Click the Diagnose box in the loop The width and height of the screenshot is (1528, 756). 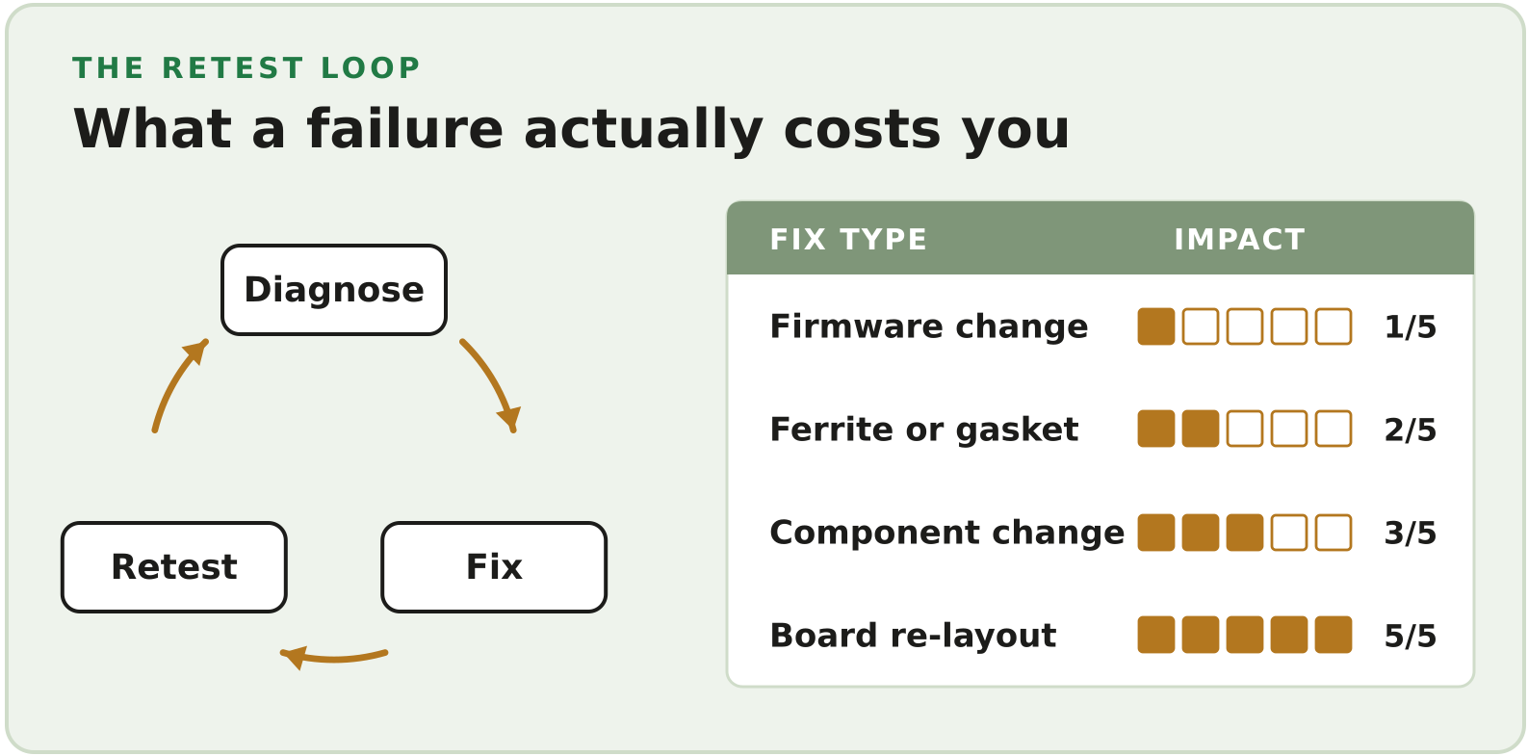pos(334,290)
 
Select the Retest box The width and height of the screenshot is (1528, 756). pos(174,567)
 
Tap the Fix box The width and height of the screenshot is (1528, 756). pos(494,567)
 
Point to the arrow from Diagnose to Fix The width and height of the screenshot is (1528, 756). pos(493,382)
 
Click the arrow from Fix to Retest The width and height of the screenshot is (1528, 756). pos(333,658)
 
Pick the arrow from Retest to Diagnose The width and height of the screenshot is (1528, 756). pos(174,382)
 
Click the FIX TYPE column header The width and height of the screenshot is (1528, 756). pos(848,240)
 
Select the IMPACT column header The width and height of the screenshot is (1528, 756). pos(1239,240)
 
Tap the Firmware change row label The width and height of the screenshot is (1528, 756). pos(928,326)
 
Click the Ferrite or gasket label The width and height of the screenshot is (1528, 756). pos(923,430)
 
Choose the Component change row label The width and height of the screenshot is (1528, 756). pos(946,533)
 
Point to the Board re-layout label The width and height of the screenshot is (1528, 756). pos(913,636)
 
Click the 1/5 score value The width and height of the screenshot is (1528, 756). pos(1410,326)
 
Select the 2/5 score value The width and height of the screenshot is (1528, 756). pos(1410,430)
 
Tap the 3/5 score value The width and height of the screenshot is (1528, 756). pos(1410,533)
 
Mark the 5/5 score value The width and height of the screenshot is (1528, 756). pos(1410,636)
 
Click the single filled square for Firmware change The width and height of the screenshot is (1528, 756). pos(1156,326)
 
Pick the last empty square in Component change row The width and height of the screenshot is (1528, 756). pos(1334,533)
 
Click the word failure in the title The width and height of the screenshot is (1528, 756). pos(404,129)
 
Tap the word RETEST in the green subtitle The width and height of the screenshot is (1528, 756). pos(233,68)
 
